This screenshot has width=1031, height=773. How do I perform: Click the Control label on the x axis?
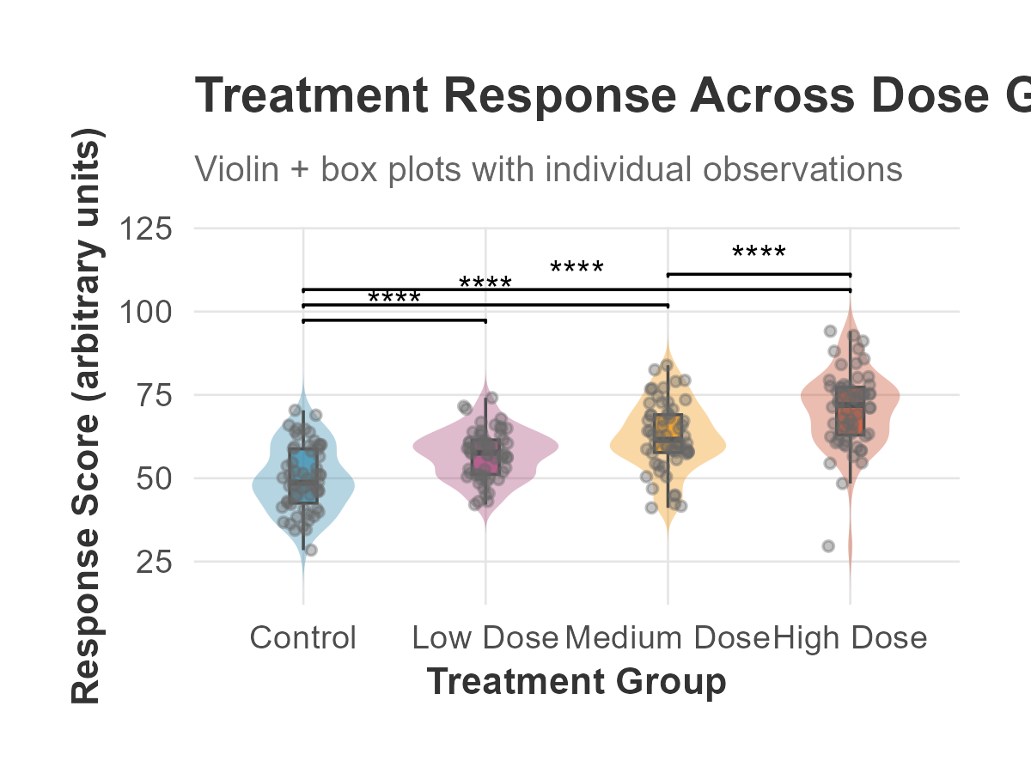click(x=302, y=638)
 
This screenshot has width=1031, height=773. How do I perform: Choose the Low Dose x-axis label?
click(x=485, y=638)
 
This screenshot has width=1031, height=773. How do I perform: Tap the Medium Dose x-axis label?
click(x=668, y=638)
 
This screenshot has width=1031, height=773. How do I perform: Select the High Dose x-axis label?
click(x=851, y=638)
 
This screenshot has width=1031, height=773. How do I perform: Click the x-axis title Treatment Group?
click(x=577, y=682)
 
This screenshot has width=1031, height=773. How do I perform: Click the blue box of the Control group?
click(x=303, y=475)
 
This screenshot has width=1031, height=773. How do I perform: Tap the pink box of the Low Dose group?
click(x=485, y=456)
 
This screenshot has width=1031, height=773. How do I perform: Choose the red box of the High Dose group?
click(x=851, y=411)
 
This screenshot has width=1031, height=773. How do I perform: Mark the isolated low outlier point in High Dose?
click(x=828, y=546)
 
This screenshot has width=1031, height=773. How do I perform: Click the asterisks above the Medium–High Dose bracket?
click(x=759, y=253)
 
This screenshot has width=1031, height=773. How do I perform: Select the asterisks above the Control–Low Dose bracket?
click(x=394, y=299)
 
